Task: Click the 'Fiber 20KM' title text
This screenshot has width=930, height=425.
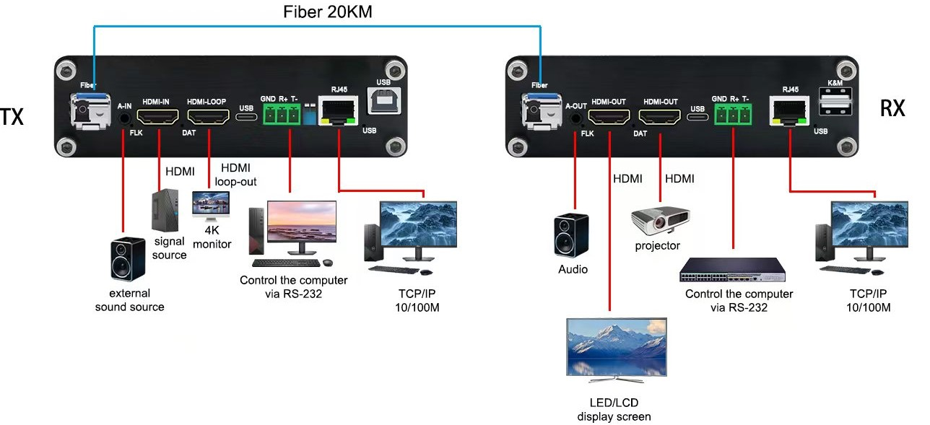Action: (x=327, y=12)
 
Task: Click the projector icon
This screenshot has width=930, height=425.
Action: (x=660, y=219)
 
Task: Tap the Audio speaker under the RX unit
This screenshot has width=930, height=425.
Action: (x=571, y=235)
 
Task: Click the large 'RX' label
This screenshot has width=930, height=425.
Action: (x=892, y=108)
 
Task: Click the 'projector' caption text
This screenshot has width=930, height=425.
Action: (x=657, y=246)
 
